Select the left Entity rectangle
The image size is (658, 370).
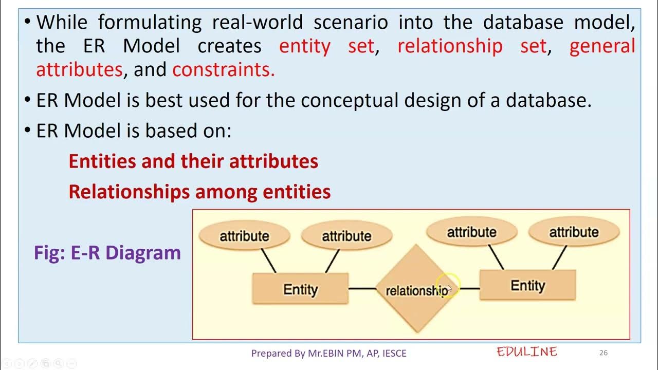coord(300,289)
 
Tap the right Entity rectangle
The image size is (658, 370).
coord(527,286)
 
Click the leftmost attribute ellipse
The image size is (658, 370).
coord(244,236)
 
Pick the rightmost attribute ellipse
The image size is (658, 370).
coord(574,232)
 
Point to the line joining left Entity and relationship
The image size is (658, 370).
coord(362,289)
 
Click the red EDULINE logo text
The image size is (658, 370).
coord(527,352)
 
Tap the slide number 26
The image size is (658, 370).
coord(604,353)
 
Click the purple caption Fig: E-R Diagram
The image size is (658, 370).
coord(107,253)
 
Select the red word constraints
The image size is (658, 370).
coord(224,70)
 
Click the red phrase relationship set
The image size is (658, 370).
coord(472,46)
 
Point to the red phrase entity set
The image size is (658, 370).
coord(326,46)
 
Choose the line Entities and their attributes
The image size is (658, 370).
coord(193,161)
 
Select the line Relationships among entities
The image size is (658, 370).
coord(199,192)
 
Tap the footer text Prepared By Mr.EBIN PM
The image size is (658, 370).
coord(328,353)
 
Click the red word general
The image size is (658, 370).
coord(602,46)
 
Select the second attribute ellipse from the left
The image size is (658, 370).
coord(346,236)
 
